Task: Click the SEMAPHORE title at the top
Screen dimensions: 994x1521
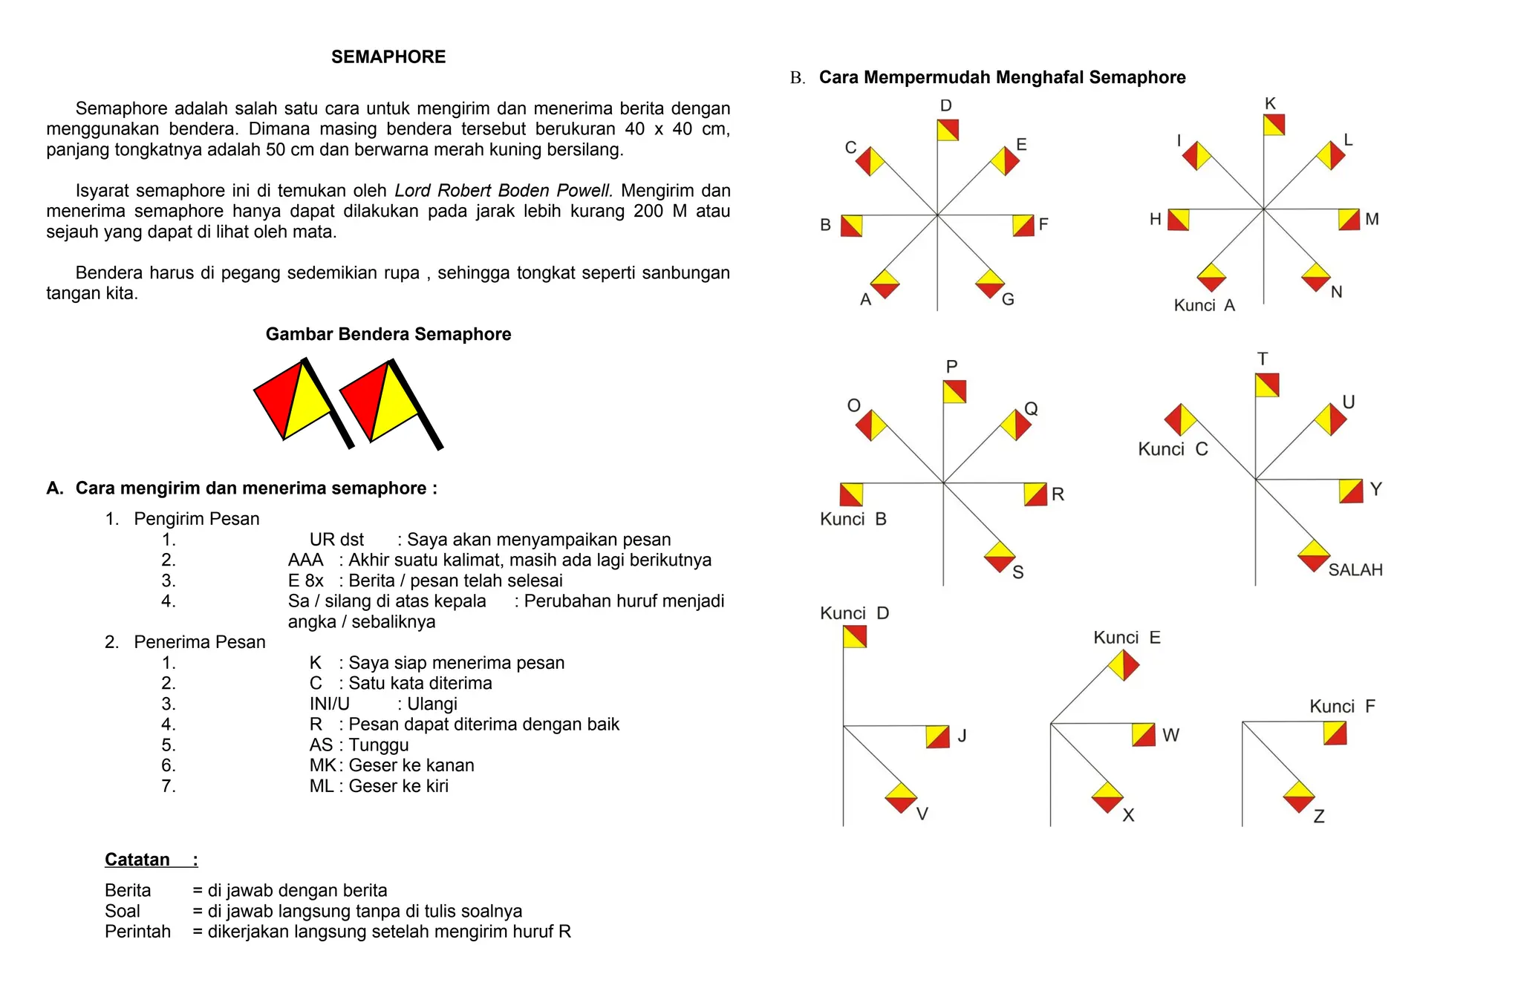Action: pyautogui.click(x=388, y=57)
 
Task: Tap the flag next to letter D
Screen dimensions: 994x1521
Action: pyautogui.click(x=948, y=130)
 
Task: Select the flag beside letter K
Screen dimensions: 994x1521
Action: pyautogui.click(x=1274, y=125)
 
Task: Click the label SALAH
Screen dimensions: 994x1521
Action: pyautogui.click(x=1355, y=570)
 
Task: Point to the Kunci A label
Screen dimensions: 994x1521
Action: pyautogui.click(x=1204, y=305)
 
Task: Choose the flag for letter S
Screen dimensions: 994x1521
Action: pyautogui.click(x=1000, y=557)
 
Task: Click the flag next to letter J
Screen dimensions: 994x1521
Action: pyautogui.click(x=937, y=736)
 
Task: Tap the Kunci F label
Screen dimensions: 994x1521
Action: pyautogui.click(x=1341, y=706)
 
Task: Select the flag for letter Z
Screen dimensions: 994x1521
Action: pyautogui.click(x=1299, y=797)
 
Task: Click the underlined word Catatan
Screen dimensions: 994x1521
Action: pyautogui.click(x=137, y=860)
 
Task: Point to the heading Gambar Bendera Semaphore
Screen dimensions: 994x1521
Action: pyautogui.click(x=388, y=334)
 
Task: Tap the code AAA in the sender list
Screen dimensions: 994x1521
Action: pyautogui.click(x=305, y=560)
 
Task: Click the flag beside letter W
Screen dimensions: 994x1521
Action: pyautogui.click(x=1144, y=734)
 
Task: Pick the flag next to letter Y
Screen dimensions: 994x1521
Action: pyautogui.click(x=1351, y=491)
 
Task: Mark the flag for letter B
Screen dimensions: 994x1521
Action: pyautogui.click(x=851, y=226)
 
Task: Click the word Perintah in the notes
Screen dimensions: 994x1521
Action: pyautogui.click(x=137, y=932)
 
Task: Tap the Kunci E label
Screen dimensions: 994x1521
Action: pyautogui.click(x=1126, y=638)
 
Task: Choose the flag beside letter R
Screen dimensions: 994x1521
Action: pyautogui.click(x=1035, y=494)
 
